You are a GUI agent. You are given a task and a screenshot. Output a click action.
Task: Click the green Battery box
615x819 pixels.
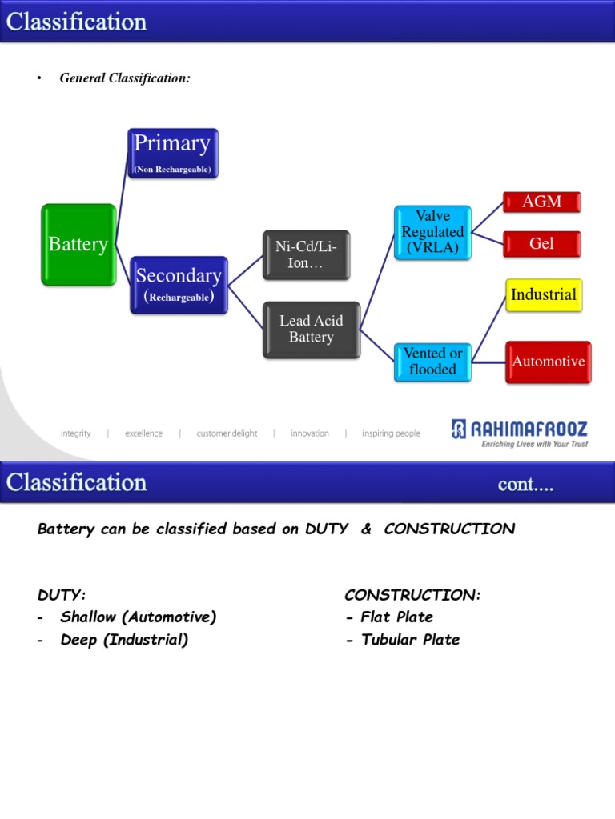click(78, 245)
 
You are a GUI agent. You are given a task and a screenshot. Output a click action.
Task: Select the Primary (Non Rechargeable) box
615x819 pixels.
click(173, 154)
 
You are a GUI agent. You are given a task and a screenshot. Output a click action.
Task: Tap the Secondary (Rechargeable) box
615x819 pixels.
click(179, 286)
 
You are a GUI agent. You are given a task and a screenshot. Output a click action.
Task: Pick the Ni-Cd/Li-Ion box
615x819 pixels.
click(307, 255)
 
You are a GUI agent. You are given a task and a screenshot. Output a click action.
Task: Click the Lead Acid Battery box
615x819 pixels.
click(312, 330)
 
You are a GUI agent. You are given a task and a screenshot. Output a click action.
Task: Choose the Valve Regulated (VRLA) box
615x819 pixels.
click(432, 233)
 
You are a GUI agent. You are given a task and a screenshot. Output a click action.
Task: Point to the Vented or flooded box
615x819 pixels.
click(432, 362)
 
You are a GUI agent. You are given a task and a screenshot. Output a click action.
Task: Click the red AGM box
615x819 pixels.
click(542, 202)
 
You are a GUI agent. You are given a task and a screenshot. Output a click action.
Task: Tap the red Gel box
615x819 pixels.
click(542, 244)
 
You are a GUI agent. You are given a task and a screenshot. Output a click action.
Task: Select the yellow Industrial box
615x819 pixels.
click(544, 295)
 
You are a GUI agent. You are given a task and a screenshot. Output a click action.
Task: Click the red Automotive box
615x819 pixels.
click(548, 362)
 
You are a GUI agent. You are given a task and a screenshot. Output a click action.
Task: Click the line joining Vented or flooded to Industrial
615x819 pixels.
click(488, 329)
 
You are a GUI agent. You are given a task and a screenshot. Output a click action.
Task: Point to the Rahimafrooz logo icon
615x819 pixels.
click(459, 429)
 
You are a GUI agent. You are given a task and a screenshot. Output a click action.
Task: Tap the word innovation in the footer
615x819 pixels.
click(310, 433)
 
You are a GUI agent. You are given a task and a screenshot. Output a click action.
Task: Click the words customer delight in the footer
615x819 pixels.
click(227, 433)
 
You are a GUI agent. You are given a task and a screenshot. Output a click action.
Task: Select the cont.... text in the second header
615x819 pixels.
click(525, 485)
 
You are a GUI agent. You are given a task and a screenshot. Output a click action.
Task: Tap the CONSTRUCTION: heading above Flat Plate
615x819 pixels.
click(412, 595)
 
